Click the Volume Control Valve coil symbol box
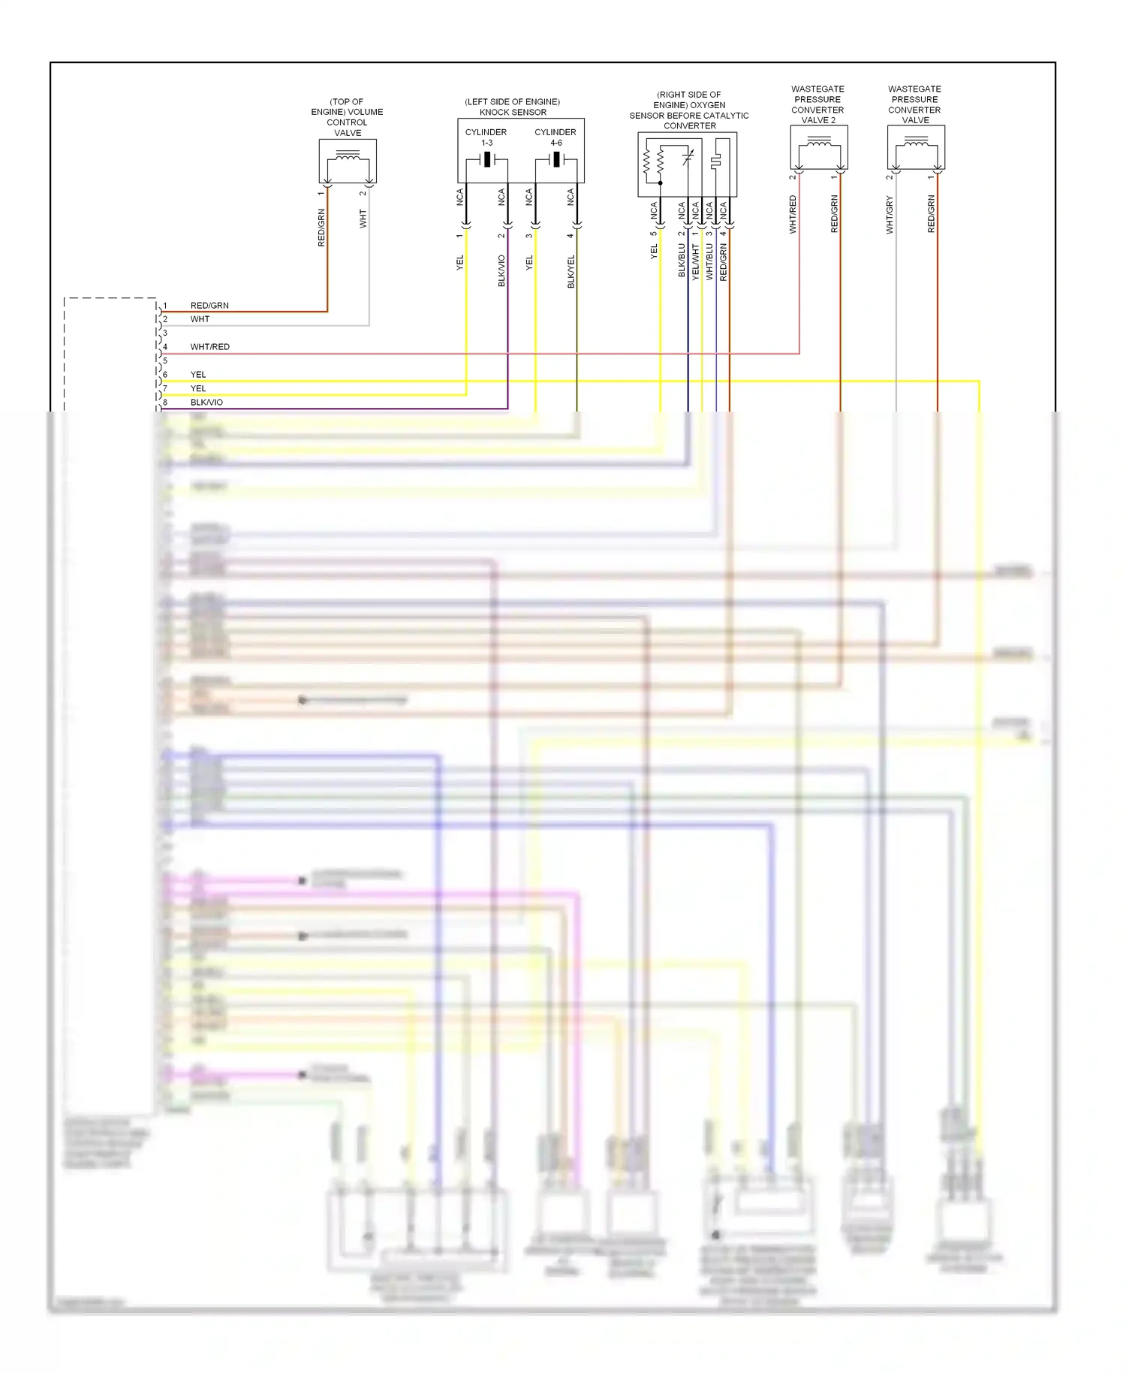point(348,161)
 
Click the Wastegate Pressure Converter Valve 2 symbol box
point(819,147)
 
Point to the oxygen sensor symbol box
point(687,164)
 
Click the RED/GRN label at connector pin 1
point(209,306)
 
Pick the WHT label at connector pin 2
point(200,319)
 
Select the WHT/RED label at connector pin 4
point(210,347)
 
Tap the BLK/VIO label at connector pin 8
point(206,403)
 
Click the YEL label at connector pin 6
point(198,375)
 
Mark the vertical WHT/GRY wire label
point(890,215)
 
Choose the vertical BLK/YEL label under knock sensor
point(571,271)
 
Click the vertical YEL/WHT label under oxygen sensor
point(696,261)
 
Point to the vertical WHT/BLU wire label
point(709,261)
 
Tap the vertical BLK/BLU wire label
point(682,260)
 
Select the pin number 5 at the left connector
point(165,361)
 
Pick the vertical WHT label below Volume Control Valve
point(363,219)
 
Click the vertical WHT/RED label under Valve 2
point(793,215)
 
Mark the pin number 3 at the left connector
point(165,333)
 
